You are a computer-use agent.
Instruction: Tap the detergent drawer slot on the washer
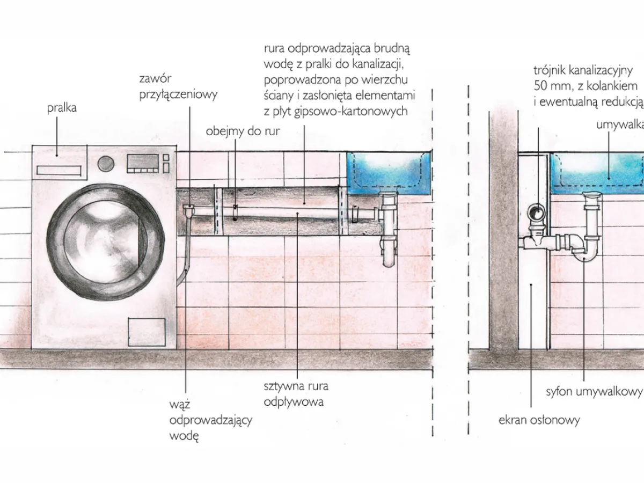click(58, 170)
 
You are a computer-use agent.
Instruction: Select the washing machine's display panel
click(142, 163)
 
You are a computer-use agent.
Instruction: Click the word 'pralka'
click(62, 108)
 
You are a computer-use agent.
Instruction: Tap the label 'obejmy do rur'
click(243, 131)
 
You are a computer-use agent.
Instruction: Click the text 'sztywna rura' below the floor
click(296, 386)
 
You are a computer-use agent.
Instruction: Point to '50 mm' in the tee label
click(550, 86)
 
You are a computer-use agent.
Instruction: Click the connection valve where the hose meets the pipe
click(188, 209)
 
